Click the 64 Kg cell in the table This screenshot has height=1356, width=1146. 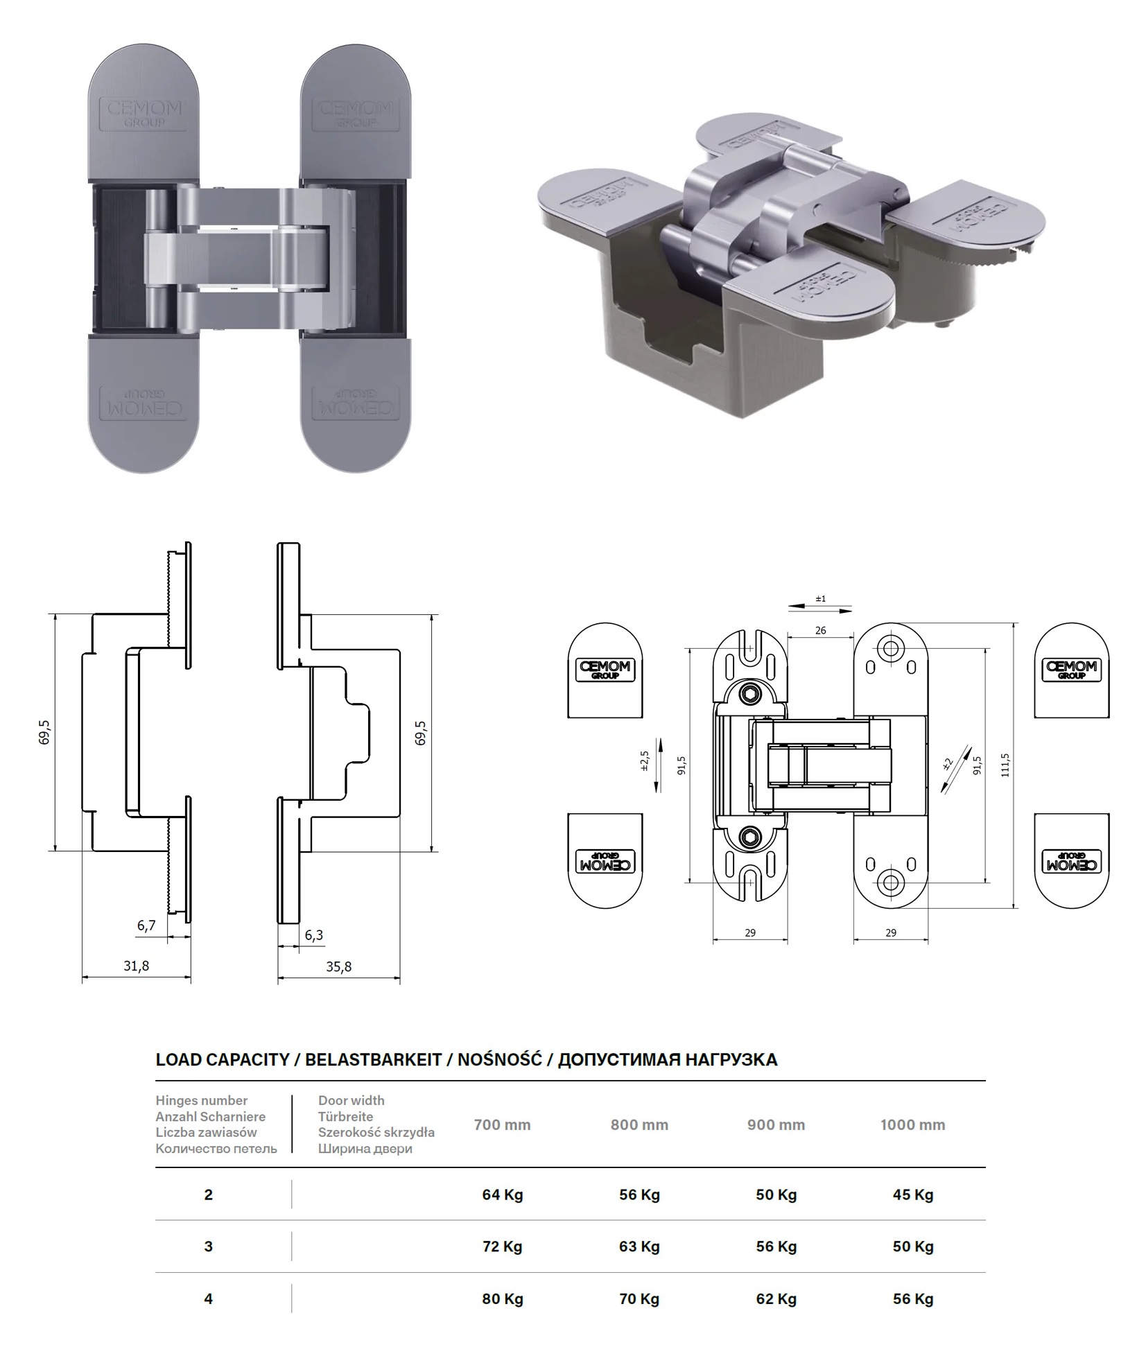click(x=503, y=1194)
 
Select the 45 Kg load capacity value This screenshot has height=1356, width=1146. click(x=913, y=1194)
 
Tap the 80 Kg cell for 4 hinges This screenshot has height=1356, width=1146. click(x=503, y=1298)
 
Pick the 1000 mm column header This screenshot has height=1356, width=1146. click(x=913, y=1124)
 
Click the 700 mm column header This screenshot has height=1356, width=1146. click(x=503, y=1124)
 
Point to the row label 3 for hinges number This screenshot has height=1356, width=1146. click(x=209, y=1246)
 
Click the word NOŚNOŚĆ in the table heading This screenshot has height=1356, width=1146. click(x=500, y=1059)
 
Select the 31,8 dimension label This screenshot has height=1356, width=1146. click(x=136, y=966)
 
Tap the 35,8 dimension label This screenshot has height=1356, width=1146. click(x=338, y=966)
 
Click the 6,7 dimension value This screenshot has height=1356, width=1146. click(x=146, y=925)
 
